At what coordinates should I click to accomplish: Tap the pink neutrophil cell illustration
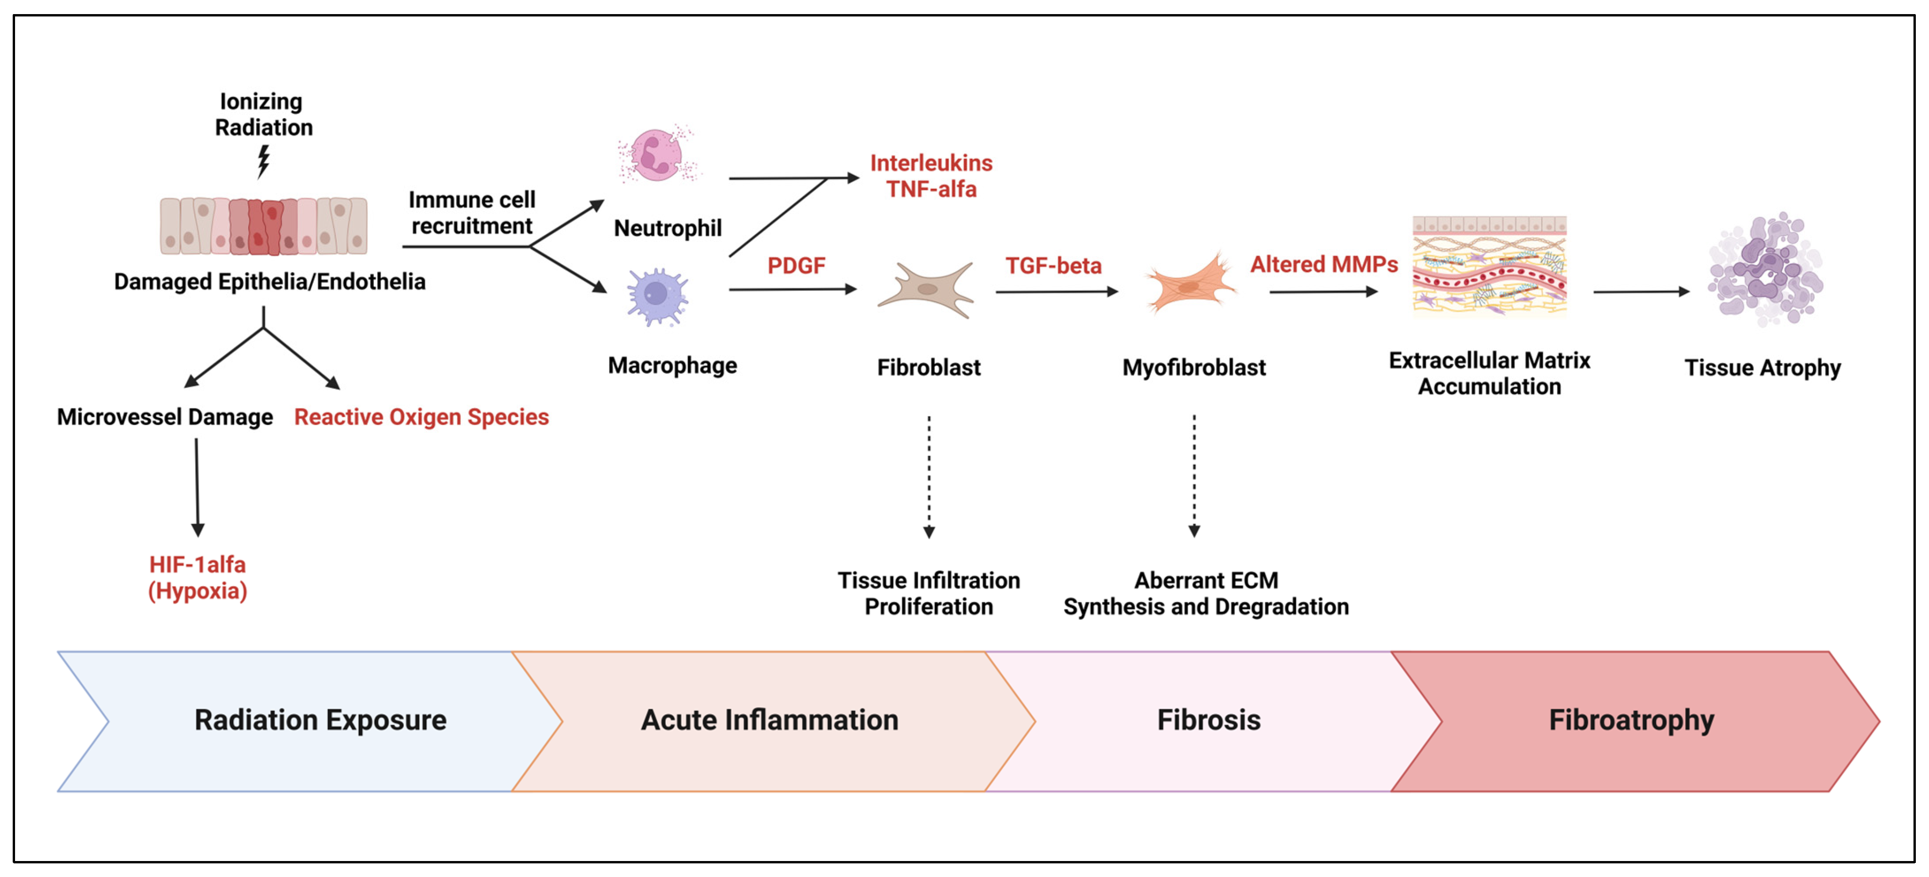[x=656, y=155]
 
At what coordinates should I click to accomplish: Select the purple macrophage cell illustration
[x=657, y=296]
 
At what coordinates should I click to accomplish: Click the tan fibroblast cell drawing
[x=926, y=290]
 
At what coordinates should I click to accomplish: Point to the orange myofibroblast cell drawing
[x=1191, y=284]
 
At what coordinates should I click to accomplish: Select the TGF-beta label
[x=1053, y=266]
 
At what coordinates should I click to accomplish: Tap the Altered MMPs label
[x=1323, y=264]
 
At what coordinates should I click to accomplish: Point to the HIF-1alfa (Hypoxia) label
[x=198, y=577]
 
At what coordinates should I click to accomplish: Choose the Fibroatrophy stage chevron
[x=1632, y=720]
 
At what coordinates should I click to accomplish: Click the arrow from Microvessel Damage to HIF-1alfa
[x=197, y=486]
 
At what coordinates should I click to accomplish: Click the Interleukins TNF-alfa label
[x=931, y=176]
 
